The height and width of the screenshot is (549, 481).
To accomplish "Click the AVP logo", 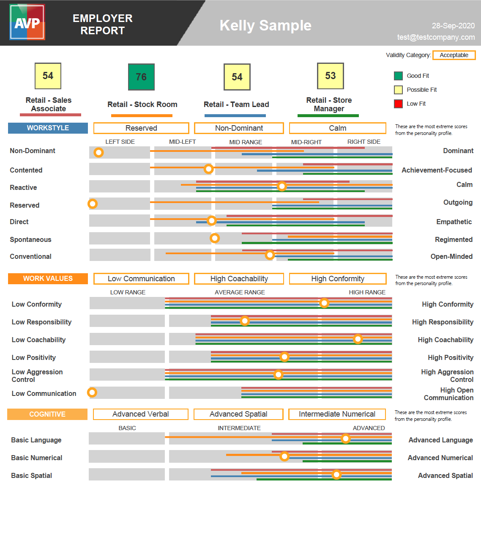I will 27,22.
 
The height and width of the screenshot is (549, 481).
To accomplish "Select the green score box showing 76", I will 141,77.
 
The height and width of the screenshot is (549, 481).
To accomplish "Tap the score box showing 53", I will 331,76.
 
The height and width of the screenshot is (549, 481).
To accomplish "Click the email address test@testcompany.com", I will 436,37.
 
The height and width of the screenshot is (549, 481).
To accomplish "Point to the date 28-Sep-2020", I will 453,26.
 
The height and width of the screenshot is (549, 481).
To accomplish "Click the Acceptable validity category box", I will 454,55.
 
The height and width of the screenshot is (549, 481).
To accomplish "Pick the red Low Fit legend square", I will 398,104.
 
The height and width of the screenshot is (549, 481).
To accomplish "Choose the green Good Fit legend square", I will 398,76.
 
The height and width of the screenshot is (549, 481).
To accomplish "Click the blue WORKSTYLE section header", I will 48,128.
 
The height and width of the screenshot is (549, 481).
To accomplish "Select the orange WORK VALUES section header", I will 48,278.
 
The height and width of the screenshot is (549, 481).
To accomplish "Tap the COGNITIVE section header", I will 47,414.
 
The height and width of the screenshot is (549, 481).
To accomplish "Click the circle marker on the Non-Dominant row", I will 98,152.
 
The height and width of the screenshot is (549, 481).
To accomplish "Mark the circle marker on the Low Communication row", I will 92,393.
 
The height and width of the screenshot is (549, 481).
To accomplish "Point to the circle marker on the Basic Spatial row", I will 336,475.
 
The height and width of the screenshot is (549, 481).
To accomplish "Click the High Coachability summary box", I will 239,279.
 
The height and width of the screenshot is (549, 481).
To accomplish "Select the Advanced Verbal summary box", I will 141,414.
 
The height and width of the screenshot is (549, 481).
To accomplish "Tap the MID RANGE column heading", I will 246,142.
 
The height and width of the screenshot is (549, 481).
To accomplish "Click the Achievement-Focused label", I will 437,170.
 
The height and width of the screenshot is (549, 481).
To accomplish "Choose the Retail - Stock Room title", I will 142,104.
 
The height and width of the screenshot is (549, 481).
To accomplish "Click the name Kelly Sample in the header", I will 265,25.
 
